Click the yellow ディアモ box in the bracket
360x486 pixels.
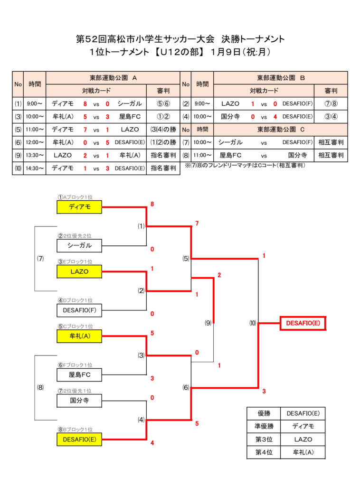coord(79,207)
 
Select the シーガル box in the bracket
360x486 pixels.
coord(79,245)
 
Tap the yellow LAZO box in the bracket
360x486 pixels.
coord(79,271)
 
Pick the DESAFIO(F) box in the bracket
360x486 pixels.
coord(79,310)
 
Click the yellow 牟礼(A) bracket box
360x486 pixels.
coord(79,336)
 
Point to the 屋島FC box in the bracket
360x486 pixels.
coord(79,375)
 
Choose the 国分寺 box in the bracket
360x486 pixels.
coord(79,401)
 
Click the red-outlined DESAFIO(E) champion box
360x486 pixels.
coord(303,323)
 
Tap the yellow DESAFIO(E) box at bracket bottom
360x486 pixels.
coord(79,439)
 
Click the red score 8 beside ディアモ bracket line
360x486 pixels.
coord(152,204)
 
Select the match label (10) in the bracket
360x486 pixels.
coord(253,323)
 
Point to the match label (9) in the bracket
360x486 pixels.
coord(208,323)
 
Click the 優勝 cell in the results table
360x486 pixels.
coord(264,413)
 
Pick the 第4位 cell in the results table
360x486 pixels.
coord(264,452)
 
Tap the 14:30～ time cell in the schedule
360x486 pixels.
coord(35,168)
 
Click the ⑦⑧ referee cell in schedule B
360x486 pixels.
coord(331,103)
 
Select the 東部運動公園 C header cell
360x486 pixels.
coord(281,130)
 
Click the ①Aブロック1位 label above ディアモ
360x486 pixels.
coord(75,197)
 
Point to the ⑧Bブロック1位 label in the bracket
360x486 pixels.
coord(75,430)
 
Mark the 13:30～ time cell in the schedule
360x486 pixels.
coord(35,155)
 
